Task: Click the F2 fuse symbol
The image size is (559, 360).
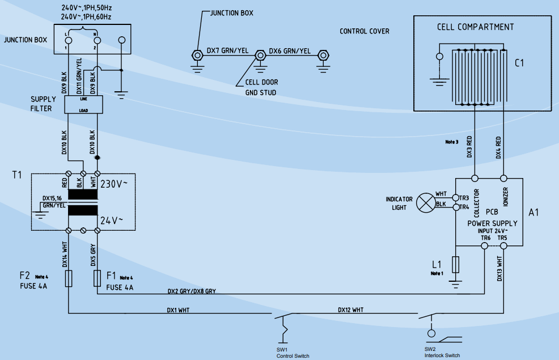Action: point(69,278)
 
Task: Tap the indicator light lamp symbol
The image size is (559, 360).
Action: point(425,202)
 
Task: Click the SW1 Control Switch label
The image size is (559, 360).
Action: point(293,353)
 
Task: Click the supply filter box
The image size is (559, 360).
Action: point(83,104)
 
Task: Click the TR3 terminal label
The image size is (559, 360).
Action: point(464,198)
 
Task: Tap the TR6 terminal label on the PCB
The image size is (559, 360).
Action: point(485,238)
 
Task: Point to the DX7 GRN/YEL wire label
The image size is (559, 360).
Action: point(227,50)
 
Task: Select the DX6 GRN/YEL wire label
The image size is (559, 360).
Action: point(290,50)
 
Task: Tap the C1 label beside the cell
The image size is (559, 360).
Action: point(519,63)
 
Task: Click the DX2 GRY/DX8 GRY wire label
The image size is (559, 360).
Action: point(191,291)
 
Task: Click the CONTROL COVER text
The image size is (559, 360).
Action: point(364,31)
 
